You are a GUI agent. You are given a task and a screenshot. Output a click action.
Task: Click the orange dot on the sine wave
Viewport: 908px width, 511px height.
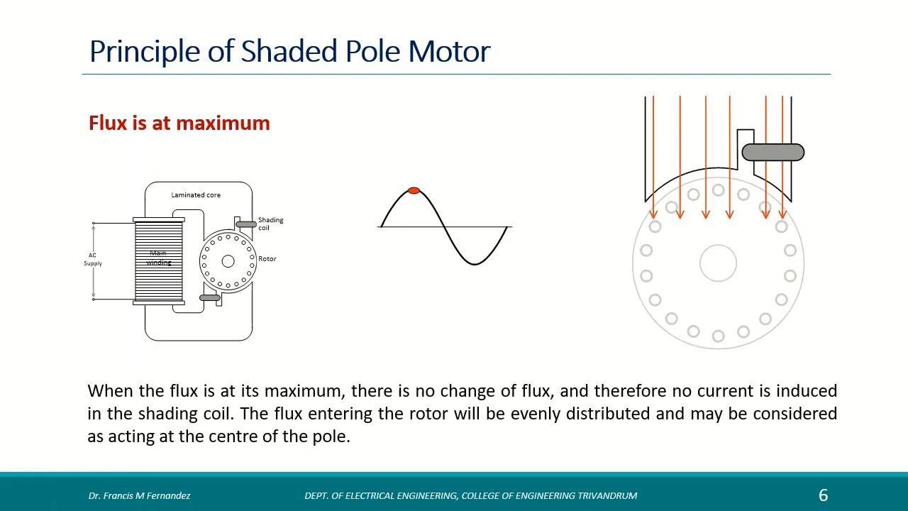point(414,191)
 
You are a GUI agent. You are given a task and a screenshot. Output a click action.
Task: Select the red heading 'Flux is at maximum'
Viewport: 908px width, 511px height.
point(179,123)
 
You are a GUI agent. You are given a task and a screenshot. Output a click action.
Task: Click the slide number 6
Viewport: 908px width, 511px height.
point(823,495)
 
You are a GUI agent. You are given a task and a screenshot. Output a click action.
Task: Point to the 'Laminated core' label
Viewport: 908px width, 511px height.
point(196,195)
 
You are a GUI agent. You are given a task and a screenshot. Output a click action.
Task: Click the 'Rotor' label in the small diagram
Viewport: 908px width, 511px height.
point(267,259)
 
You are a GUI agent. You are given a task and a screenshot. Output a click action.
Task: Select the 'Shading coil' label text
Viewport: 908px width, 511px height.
point(270,224)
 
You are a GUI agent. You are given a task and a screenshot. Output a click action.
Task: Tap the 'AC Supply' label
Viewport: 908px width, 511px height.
point(93,259)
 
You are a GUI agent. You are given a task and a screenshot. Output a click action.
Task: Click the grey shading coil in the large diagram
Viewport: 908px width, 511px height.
point(773,152)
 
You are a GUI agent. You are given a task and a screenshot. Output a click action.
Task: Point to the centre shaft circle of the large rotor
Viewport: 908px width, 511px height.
point(718,263)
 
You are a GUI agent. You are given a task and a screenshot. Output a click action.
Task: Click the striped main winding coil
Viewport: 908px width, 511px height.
point(159,261)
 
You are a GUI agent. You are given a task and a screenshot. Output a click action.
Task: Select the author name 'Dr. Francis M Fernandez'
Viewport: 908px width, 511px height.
point(139,495)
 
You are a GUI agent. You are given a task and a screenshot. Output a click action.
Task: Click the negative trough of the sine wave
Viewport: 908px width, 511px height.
point(474,263)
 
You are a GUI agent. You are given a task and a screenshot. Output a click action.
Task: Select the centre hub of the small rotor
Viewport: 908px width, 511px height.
point(228,261)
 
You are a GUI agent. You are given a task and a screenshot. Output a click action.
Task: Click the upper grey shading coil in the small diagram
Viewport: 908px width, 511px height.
point(246,224)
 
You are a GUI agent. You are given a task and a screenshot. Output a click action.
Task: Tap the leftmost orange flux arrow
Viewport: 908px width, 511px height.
point(653,156)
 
